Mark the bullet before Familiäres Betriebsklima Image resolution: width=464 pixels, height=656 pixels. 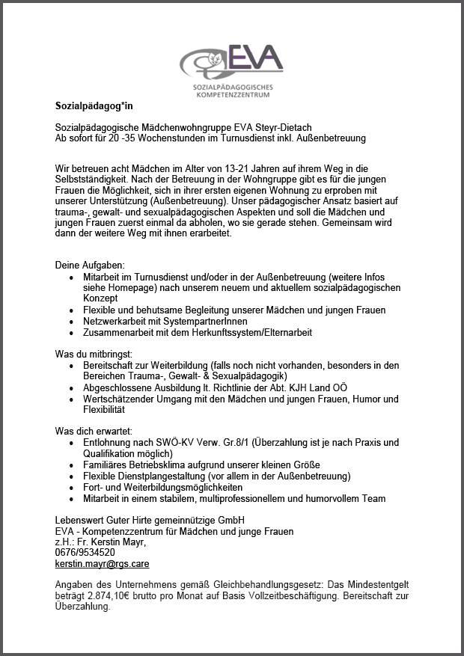click(x=70, y=465)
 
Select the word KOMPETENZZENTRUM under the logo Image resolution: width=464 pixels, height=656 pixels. click(x=233, y=95)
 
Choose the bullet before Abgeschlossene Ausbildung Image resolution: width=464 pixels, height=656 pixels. click(x=70, y=388)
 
